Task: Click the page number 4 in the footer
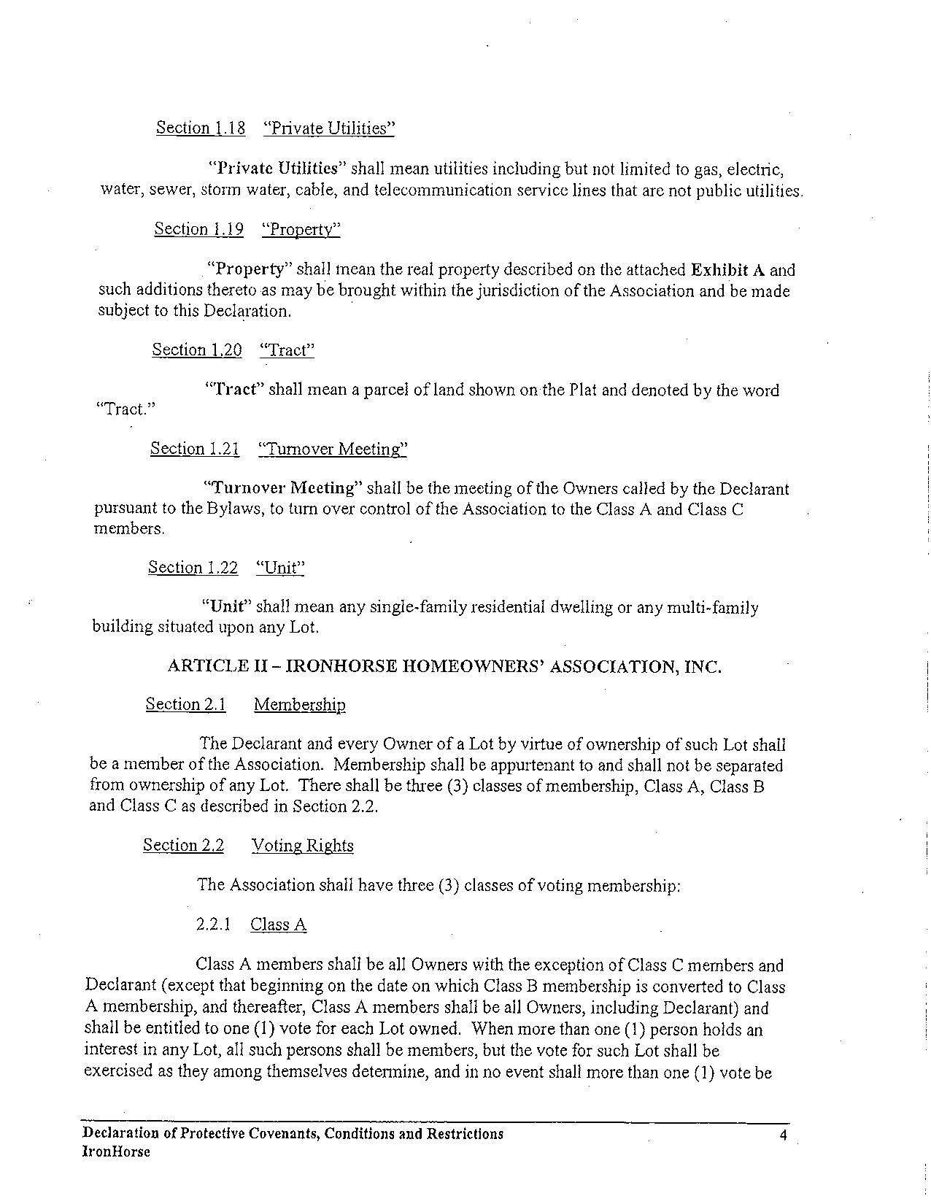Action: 782,1135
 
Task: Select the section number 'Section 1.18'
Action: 201,128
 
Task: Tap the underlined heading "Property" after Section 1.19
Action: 301,230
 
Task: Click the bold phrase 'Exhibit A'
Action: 729,270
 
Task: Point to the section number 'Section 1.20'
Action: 197,350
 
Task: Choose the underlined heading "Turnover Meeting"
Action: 333,449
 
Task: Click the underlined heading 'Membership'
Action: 300,705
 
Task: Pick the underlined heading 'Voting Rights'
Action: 303,846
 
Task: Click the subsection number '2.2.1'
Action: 214,925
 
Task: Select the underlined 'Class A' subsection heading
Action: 278,925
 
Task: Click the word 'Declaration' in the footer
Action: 120,1134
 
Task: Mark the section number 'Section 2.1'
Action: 186,705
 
